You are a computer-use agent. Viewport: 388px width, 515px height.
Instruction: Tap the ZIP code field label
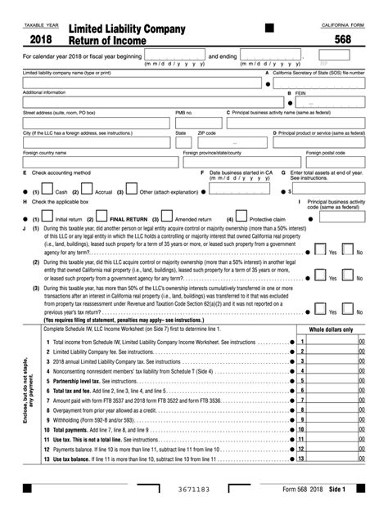pyautogui.click(x=206, y=132)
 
